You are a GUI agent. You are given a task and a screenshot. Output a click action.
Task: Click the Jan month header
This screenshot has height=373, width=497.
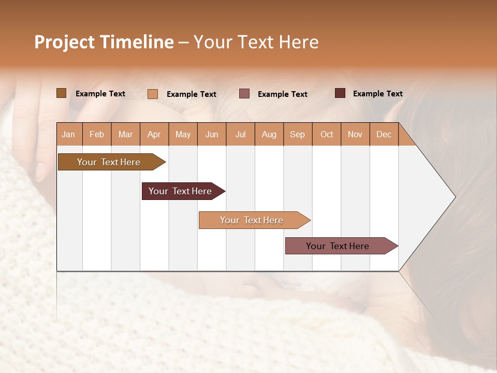[68, 134]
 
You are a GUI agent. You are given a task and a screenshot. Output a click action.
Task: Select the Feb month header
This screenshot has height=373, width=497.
[97, 134]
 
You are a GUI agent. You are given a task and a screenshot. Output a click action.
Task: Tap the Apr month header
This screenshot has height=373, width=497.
[154, 134]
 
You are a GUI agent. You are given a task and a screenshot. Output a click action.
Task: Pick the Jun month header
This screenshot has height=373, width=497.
[212, 134]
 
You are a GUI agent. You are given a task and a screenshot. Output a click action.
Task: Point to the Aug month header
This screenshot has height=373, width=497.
[269, 134]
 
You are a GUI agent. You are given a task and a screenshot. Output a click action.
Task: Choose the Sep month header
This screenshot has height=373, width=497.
[297, 134]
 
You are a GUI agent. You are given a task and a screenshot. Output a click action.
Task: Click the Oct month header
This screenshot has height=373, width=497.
[327, 134]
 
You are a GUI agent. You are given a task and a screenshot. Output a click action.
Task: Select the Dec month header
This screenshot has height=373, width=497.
[384, 134]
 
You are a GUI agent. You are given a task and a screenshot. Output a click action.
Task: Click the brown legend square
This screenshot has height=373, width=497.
[61, 93]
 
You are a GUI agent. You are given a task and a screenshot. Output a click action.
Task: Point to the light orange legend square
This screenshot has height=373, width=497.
[153, 94]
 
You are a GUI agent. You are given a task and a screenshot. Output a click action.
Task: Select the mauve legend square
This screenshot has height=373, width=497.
[244, 94]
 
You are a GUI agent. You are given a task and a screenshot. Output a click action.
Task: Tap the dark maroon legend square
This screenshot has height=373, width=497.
[340, 93]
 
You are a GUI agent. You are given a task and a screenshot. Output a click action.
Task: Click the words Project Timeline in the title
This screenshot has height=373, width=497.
[104, 42]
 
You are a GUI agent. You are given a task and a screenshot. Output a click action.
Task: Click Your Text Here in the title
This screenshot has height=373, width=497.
[256, 42]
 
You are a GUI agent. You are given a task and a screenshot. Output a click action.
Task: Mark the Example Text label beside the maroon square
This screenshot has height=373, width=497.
[377, 94]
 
